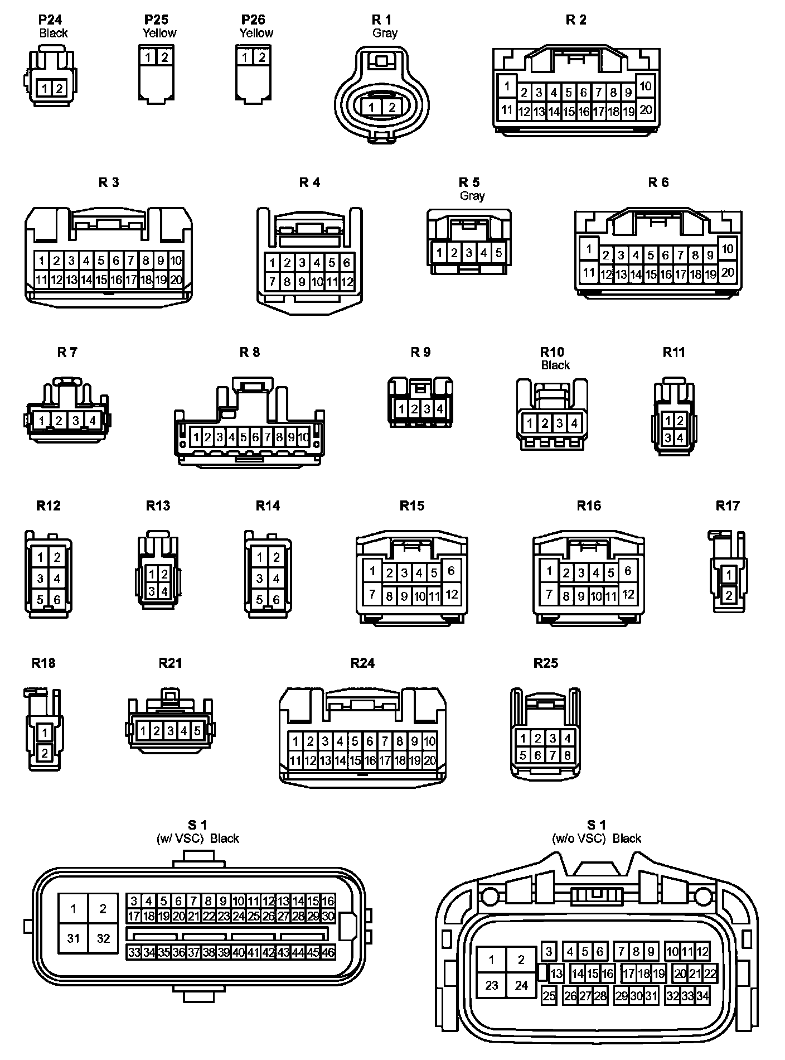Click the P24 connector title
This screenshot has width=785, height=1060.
click(50, 20)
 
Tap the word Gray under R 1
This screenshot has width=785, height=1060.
click(385, 33)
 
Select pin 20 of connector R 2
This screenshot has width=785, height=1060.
click(645, 109)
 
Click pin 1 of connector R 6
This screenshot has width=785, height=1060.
click(589, 248)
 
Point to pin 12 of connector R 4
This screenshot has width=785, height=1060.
click(347, 282)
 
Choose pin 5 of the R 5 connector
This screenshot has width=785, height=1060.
click(498, 253)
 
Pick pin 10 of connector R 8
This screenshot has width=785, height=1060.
click(303, 437)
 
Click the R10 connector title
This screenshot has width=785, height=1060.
click(552, 352)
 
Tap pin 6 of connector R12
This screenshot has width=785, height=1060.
click(57, 600)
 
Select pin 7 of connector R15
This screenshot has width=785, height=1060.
click(372, 594)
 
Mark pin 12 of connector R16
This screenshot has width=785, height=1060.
click(628, 594)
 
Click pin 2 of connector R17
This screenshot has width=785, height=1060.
click(729, 595)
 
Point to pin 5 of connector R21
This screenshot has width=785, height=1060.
click(197, 730)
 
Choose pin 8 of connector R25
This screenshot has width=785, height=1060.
click(567, 755)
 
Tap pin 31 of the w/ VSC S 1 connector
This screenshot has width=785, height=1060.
click(74, 938)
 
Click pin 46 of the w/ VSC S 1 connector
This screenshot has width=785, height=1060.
click(328, 952)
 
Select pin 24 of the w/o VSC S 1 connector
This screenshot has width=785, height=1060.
click(521, 985)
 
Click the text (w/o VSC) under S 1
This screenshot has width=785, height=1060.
click(578, 839)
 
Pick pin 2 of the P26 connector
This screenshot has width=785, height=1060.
click(261, 57)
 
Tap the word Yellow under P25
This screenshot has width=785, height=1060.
click(159, 33)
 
